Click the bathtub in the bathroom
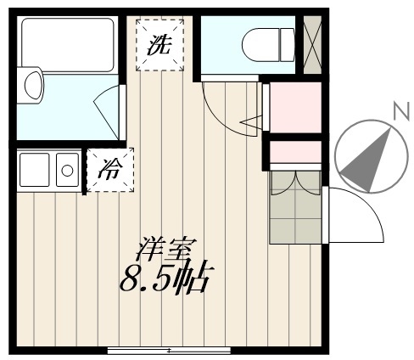click(68, 45)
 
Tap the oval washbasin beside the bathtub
click(34, 85)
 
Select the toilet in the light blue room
click(268, 45)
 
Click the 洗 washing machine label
click(159, 45)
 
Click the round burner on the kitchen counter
click(67, 171)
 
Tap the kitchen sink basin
click(34, 170)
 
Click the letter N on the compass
click(402, 110)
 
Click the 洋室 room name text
click(166, 249)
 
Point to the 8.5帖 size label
click(166, 278)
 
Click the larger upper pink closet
click(295, 108)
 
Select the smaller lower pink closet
click(295, 152)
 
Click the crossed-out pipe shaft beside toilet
click(312, 45)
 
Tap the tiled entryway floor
click(295, 206)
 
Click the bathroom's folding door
click(108, 112)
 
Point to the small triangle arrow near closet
click(250, 122)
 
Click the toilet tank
click(288, 45)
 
